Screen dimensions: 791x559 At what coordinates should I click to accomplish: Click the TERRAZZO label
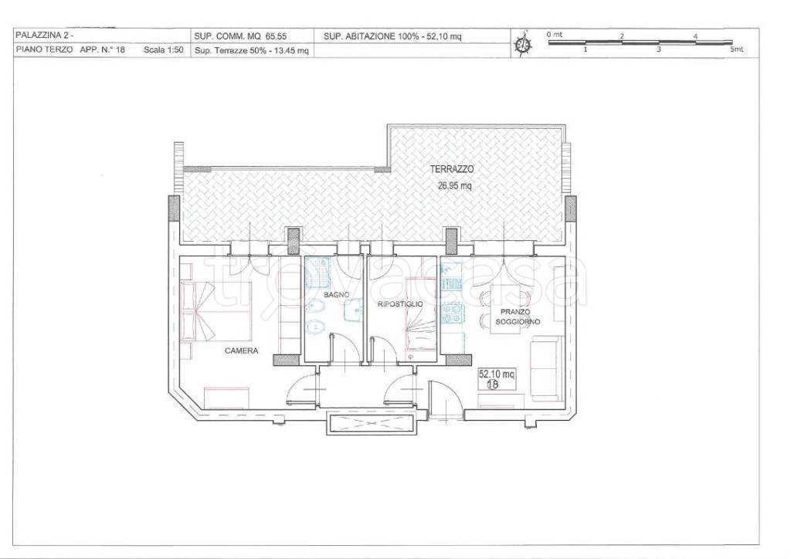[x=451, y=169]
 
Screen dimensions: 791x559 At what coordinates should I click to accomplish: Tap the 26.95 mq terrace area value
[x=454, y=185]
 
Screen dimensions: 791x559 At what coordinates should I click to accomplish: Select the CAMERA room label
[x=241, y=351]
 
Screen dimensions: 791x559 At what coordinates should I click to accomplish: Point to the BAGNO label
[x=337, y=294]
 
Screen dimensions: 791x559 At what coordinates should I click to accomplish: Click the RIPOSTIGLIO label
[x=400, y=304]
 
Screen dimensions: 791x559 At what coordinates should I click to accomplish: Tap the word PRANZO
[x=515, y=312]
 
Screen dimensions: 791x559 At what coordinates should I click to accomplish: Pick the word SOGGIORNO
[x=518, y=322]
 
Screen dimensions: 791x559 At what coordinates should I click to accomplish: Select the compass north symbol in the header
[x=523, y=44]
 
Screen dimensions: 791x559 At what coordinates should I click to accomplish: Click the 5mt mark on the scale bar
[x=736, y=49]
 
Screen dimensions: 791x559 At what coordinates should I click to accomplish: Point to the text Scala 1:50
[x=164, y=50]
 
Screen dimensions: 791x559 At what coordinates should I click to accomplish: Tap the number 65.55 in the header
[x=276, y=36]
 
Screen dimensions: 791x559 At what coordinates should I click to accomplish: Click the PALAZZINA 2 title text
[x=44, y=36]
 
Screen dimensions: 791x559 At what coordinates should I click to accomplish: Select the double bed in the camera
[x=216, y=311]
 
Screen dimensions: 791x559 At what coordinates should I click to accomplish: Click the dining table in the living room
[x=505, y=310]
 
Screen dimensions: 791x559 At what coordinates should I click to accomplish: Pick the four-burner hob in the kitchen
[x=453, y=313]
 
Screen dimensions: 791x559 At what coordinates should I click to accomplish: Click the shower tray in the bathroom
[x=317, y=273]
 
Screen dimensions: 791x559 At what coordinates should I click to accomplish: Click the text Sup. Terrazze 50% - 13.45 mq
[x=251, y=50]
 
